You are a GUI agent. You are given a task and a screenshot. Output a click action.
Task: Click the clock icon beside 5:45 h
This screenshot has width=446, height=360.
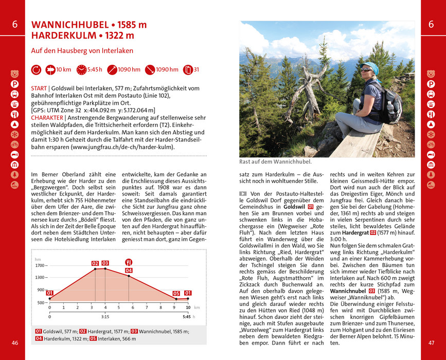(x=81, y=69)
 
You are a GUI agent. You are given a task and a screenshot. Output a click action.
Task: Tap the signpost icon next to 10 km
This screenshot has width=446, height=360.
(x=50, y=69)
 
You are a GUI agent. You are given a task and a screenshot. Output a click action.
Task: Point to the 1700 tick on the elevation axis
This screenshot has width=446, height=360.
(x=41, y=265)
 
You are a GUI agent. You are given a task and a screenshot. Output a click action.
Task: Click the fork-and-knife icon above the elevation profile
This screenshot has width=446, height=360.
(x=129, y=262)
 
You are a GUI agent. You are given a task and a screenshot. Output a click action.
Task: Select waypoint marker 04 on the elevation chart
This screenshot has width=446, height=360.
(x=129, y=271)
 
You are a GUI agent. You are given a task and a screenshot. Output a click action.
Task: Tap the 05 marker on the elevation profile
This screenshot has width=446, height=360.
(x=176, y=294)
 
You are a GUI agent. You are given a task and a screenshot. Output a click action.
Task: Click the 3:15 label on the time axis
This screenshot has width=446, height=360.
(x=104, y=317)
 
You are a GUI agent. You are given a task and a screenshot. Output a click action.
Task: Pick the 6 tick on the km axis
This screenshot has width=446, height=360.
(x=133, y=308)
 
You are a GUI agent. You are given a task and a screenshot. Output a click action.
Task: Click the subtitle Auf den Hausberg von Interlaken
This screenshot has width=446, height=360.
(x=82, y=51)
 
